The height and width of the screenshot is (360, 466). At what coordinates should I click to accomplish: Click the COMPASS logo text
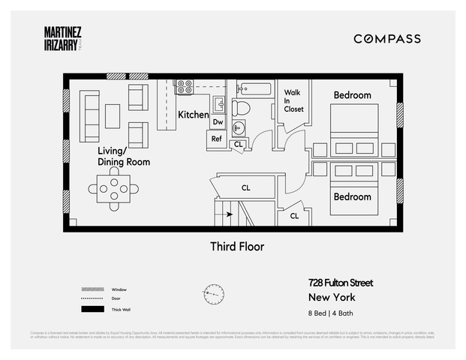coord(387,39)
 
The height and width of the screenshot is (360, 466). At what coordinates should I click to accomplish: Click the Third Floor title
coord(236,246)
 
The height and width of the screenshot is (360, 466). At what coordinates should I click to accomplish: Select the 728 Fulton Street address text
coord(340,283)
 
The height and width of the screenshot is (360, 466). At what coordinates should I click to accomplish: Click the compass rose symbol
coord(214,293)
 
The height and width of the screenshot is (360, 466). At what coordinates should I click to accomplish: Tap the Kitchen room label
coord(193,115)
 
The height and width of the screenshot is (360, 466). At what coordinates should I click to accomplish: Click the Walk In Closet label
coord(293,101)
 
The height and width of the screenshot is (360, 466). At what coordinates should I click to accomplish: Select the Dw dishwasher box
coord(218,121)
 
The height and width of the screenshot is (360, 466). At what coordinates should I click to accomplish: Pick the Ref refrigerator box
coord(217,139)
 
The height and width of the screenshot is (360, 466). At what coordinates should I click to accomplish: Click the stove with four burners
coord(185,87)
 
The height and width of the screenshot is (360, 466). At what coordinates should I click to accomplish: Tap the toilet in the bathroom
coord(241,107)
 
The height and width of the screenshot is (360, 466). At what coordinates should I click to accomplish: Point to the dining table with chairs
coord(113,189)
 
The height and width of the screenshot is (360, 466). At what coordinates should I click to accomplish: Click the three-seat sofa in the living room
coord(90,115)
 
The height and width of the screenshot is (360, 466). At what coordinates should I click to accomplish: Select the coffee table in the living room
coord(113,115)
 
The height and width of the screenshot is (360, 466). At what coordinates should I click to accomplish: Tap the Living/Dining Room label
coord(123,157)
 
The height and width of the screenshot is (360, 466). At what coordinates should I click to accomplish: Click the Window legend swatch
coord(92,289)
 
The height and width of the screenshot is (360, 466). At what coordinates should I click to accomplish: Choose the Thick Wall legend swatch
coord(92,309)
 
